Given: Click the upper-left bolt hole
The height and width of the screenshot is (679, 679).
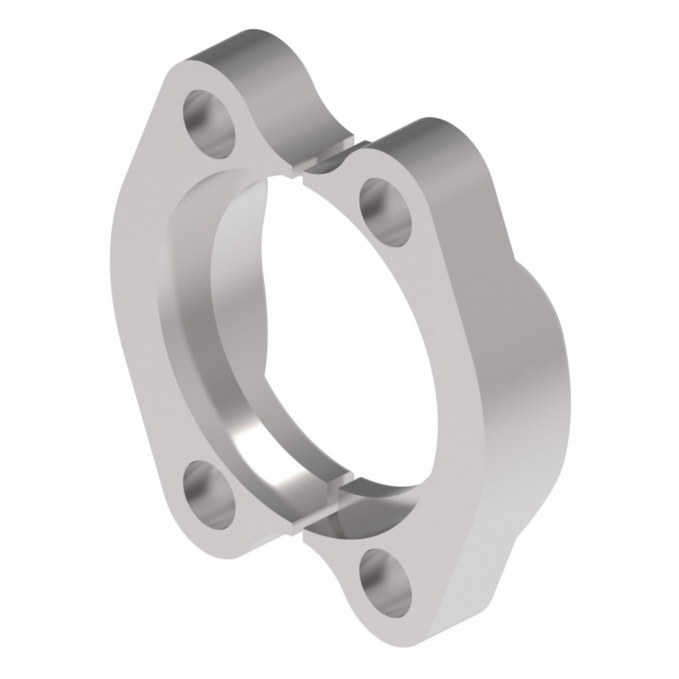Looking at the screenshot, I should tap(210, 124).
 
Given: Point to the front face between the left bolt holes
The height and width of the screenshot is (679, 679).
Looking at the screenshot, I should tap(136, 306).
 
